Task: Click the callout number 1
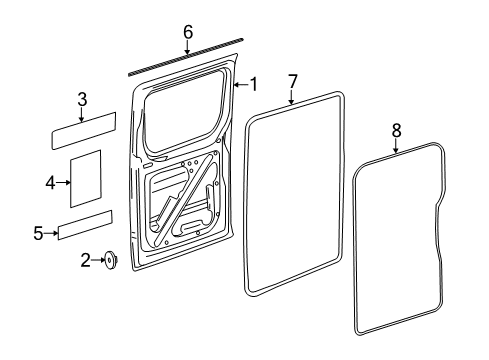coord(254,84)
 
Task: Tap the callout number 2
coord(86,260)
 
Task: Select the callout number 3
coord(82,100)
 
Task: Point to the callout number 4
coord(50,183)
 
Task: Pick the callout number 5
coord(38,233)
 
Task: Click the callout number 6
coord(188,32)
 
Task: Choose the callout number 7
coord(292,82)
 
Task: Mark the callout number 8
coord(396,130)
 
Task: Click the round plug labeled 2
coord(110,260)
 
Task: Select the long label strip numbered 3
coord(84,131)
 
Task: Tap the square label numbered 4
coord(85,179)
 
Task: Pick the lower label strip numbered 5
coord(85,225)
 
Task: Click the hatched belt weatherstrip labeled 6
coord(186,57)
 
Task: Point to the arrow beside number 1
coord(241,85)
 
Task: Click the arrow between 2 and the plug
coord(98,260)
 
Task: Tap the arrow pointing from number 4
coord(63,182)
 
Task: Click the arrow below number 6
coord(187,47)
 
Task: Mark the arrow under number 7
coord(292,97)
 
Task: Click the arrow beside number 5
coord(51,233)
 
